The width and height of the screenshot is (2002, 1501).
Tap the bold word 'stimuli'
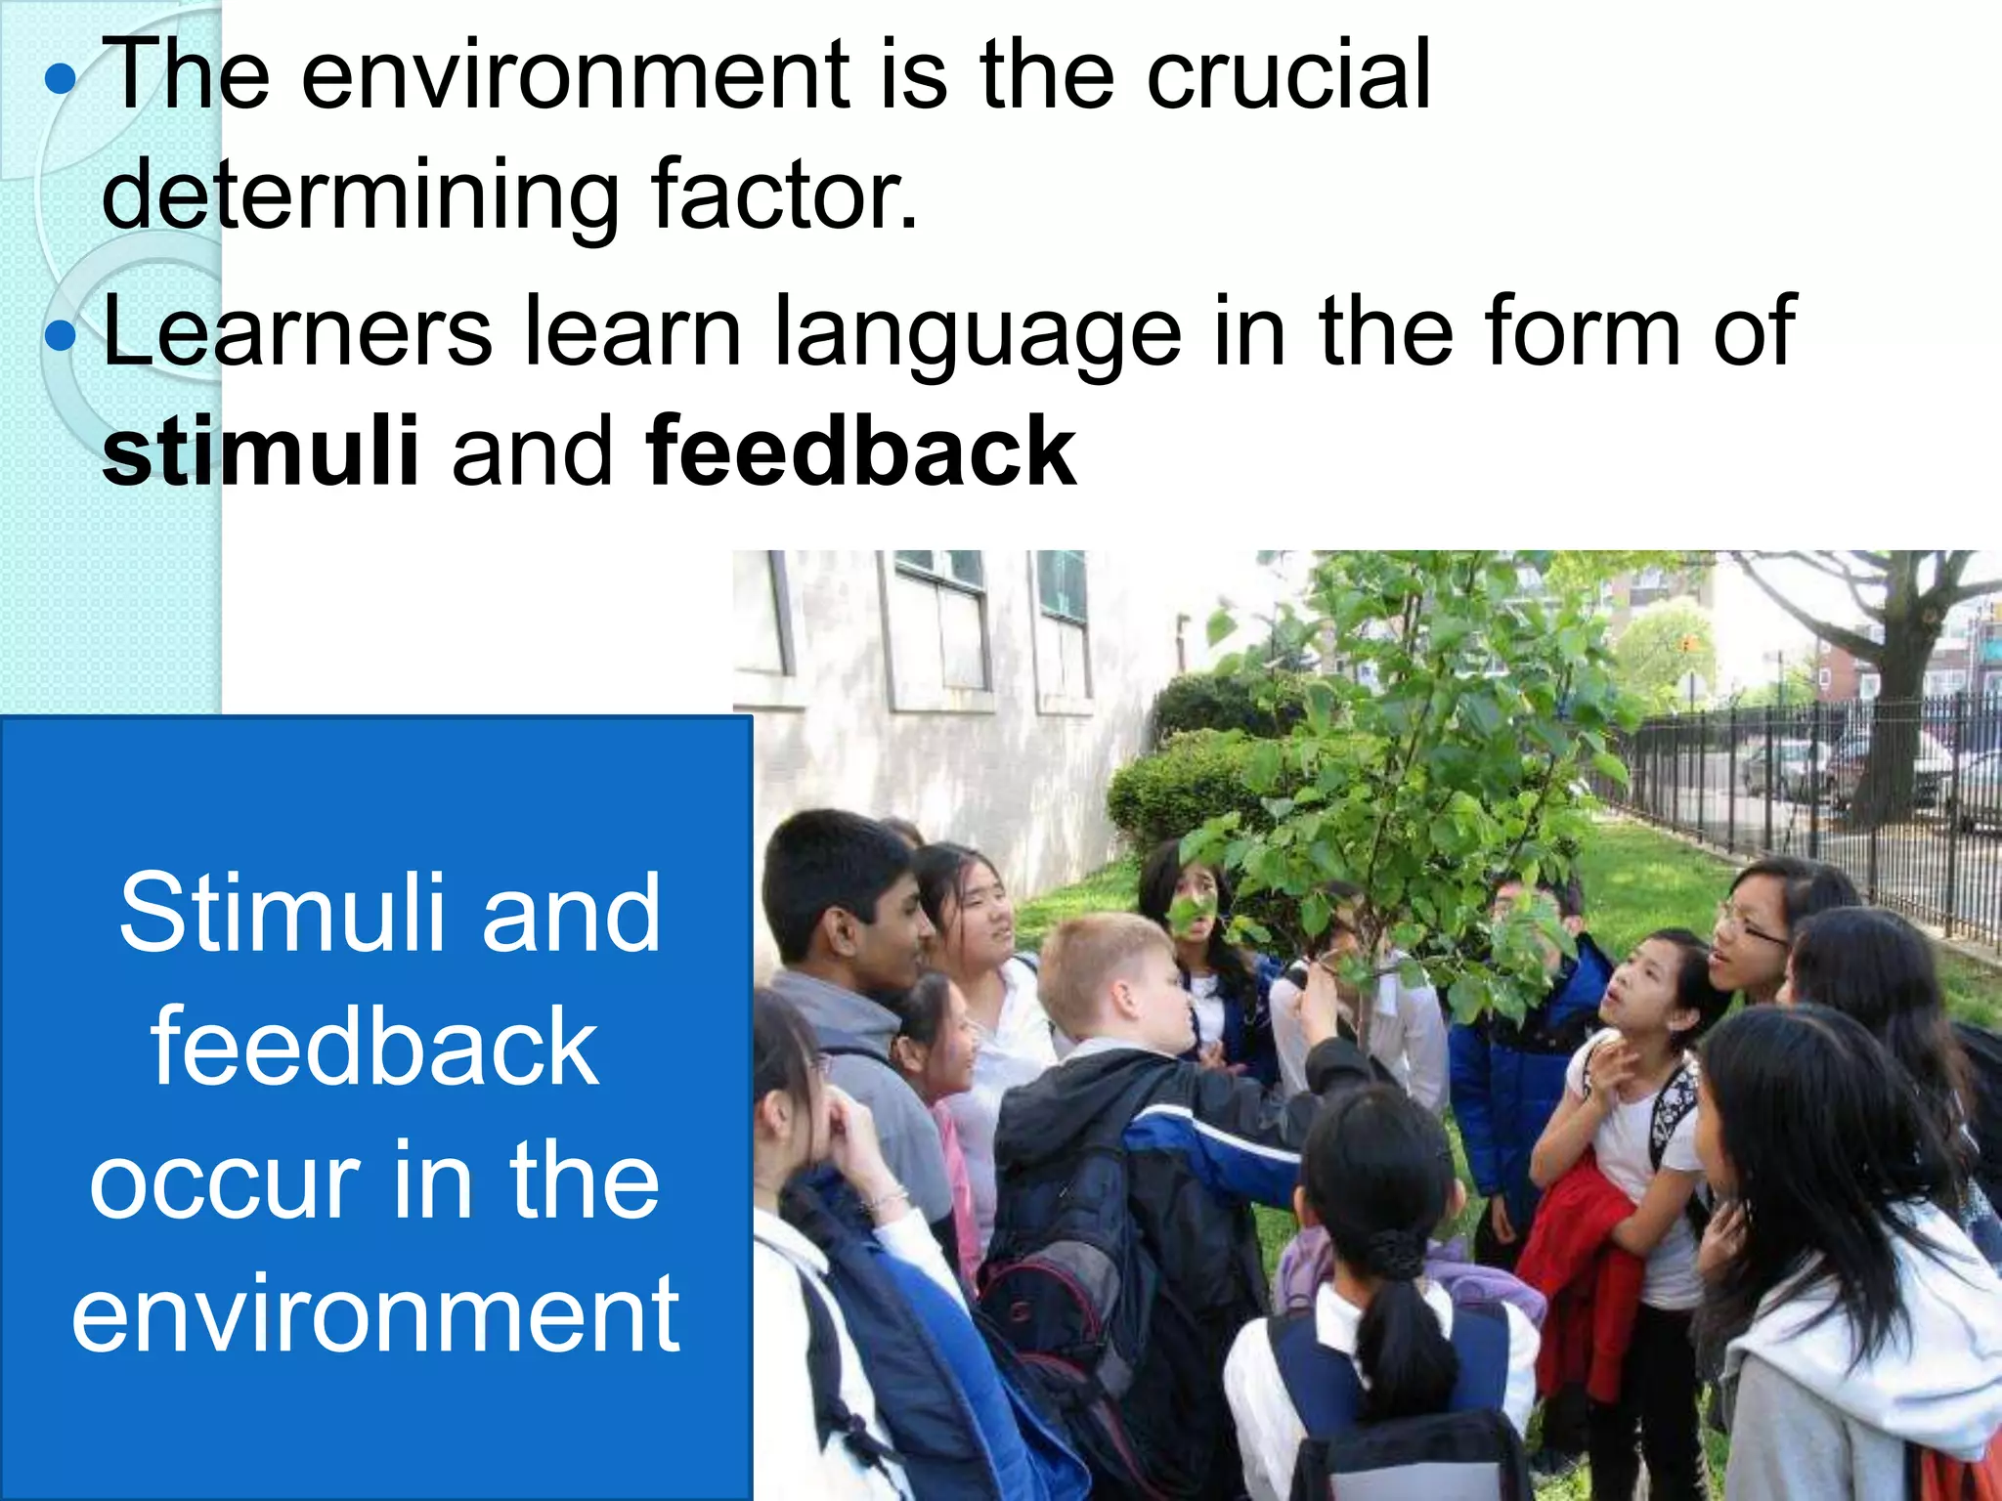(x=261, y=451)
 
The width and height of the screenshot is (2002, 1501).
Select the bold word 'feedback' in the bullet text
(x=861, y=451)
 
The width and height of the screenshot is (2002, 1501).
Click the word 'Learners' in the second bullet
(x=297, y=332)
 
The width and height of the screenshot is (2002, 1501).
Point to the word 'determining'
(x=360, y=195)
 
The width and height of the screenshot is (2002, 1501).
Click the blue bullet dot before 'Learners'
(x=61, y=335)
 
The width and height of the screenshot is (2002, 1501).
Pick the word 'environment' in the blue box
(x=375, y=1314)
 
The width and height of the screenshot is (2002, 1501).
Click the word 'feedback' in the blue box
(x=375, y=1048)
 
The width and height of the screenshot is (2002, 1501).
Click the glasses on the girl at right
(x=1755, y=926)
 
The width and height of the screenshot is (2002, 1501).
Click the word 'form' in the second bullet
(x=1589, y=332)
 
